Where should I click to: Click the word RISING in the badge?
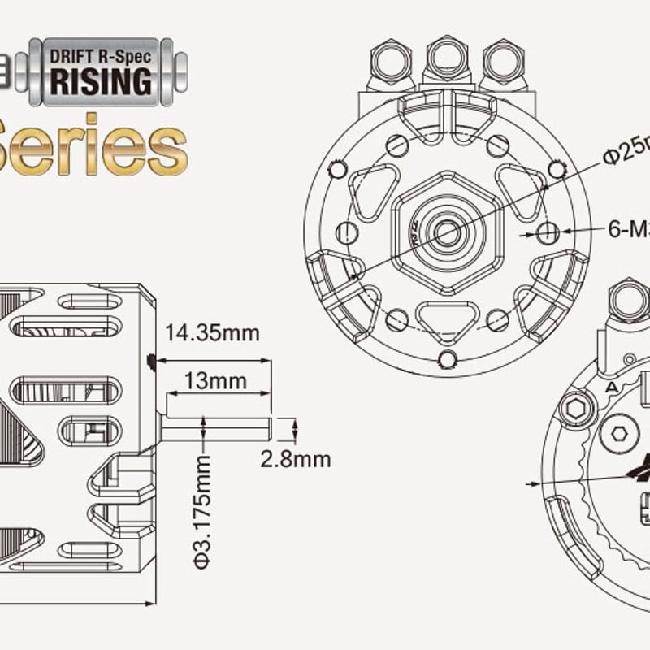pos(102,82)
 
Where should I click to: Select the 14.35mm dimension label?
pos(212,333)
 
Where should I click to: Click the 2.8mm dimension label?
pos(296,460)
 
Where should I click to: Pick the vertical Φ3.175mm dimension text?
pos(202,513)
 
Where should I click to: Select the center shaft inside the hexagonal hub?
pos(446,233)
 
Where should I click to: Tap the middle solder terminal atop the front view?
pos(446,58)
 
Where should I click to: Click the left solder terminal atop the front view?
pos(391,61)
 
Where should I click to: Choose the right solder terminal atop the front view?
pos(502,61)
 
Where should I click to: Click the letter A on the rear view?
pos(612,388)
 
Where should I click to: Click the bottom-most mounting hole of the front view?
pos(446,358)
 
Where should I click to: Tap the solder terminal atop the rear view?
pos(628,300)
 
